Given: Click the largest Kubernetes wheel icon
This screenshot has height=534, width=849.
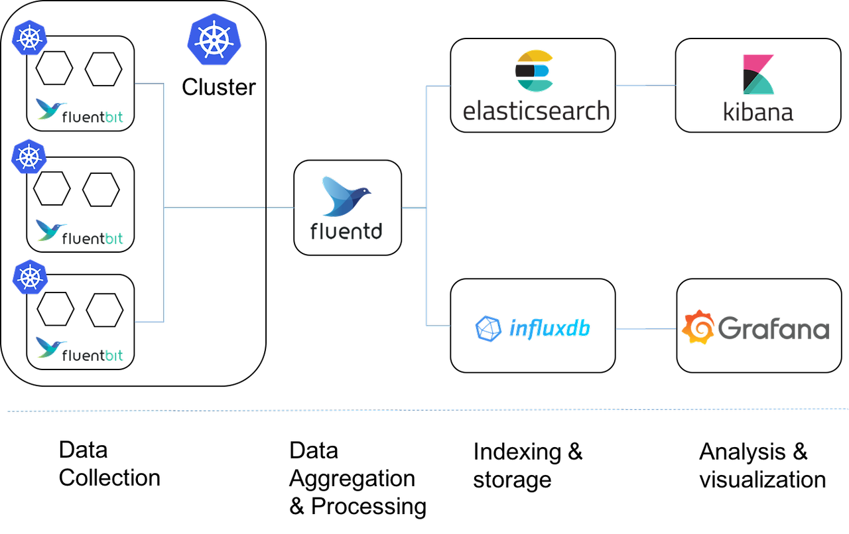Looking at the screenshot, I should (214, 39).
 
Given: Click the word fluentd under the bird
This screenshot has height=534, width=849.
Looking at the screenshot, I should (346, 230).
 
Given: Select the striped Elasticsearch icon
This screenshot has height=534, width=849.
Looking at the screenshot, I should (535, 70).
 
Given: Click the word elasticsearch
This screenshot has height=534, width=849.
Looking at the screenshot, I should (536, 110).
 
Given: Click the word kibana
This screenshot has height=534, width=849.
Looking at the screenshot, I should (758, 112).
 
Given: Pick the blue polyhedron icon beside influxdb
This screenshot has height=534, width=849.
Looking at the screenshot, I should (488, 328).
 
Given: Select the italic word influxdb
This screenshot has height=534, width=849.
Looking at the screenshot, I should (549, 328).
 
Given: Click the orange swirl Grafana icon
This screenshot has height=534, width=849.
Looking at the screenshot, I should (698, 327).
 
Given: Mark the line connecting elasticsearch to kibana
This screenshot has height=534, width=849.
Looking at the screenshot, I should (646, 86).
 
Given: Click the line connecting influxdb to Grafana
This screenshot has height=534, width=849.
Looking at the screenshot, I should (645, 328).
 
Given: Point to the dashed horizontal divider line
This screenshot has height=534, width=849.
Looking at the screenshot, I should (424, 410).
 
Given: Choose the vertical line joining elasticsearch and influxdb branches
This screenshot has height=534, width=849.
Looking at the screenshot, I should (426, 206).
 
